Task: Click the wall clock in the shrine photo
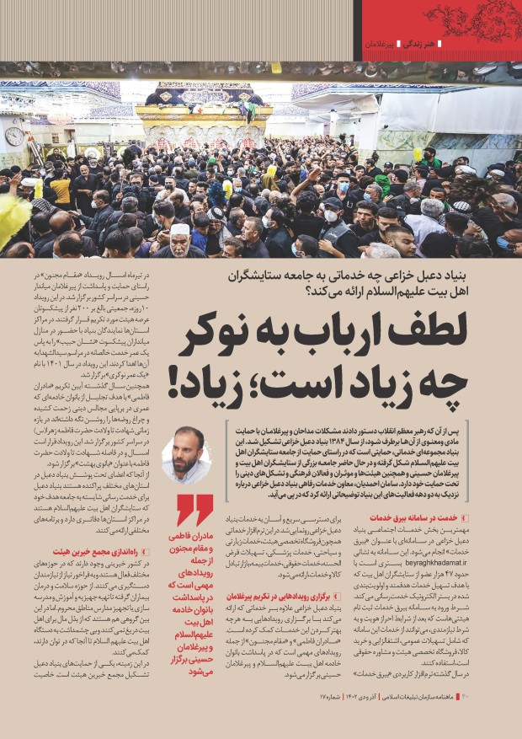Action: tap(14, 135)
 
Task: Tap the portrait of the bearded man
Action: tap(185, 454)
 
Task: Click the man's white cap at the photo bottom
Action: tap(179, 228)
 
